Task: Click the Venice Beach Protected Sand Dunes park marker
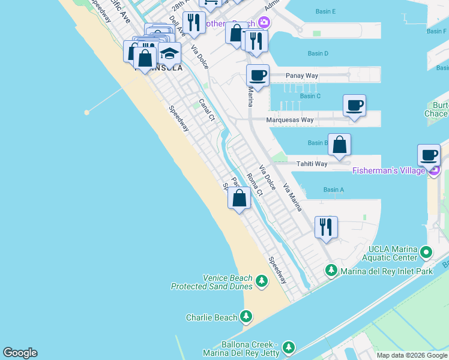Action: point(261,281)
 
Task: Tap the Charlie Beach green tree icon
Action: point(246,316)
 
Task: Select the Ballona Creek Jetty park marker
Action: point(289,347)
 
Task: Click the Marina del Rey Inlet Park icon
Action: point(331,271)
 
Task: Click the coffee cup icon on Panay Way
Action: point(258,76)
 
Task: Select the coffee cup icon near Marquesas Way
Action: point(354,106)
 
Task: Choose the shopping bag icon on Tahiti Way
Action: point(339,145)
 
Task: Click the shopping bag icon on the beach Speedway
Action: point(239,197)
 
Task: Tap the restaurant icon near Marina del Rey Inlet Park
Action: point(326,227)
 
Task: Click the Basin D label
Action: point(318,53)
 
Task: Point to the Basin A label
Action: point(333,190)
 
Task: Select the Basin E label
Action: point(325,11)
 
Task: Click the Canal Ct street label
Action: point(206,109)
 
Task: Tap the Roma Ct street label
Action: point(255,184)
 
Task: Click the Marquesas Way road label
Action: point(291,119)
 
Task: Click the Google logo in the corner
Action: point(20,353)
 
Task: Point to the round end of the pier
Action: point(87,112)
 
